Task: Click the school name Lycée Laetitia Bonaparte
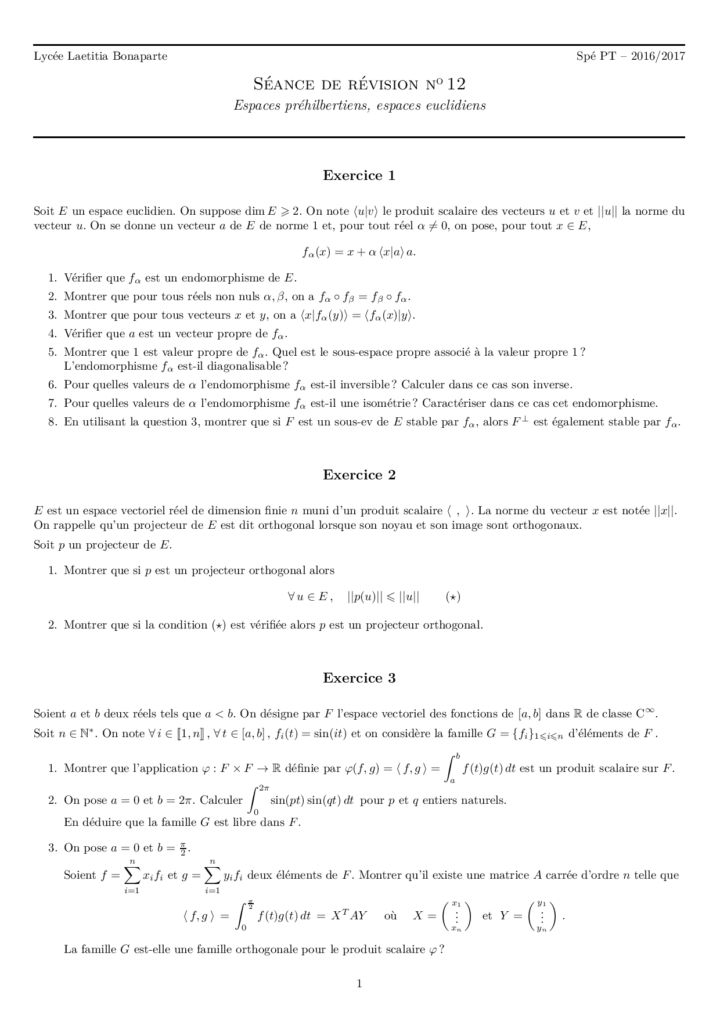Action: click(100, 56)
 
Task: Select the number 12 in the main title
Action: click(456, 84)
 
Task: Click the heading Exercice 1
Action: click(359, 176)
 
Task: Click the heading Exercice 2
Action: click(359, 475)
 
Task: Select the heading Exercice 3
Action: click(359, 678)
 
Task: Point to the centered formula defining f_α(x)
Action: click(359, 252)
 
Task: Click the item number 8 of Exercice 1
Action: click(52, 422)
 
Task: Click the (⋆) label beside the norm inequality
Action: click(453, 597)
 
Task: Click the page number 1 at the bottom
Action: click(359, 983)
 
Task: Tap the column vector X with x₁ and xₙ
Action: click(456, 916)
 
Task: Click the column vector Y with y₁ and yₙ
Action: click(542, 916)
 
